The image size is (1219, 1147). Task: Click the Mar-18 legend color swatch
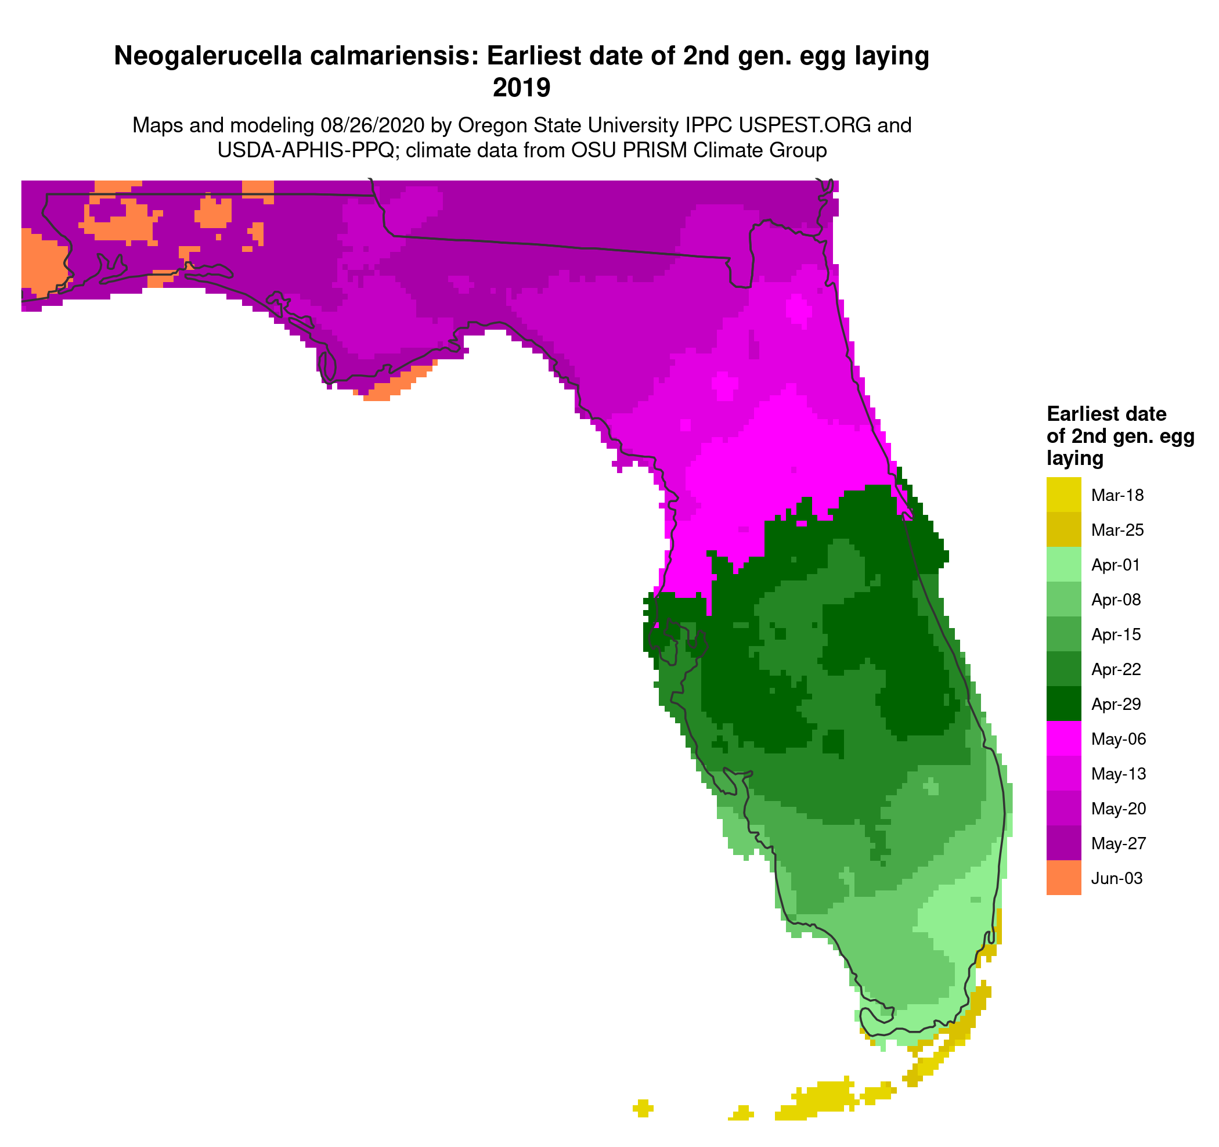(1063, 494)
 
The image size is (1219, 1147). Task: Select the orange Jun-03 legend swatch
(1063, 878)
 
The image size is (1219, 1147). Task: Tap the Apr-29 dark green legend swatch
(1063, 704)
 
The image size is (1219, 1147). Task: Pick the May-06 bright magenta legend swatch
(1063, 739)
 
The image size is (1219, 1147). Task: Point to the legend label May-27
(1118, 843)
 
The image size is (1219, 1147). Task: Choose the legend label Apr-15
(1116, 634)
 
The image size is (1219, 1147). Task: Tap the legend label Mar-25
(1117, 529)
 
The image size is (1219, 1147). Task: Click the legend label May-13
(1119, 774)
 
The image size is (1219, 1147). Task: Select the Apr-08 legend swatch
(1063, 599)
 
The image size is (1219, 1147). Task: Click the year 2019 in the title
(521, 88)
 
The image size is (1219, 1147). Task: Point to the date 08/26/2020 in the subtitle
(372, 125)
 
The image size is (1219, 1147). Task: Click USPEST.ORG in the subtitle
(805, 125)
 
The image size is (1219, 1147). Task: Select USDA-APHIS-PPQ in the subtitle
(305, 150)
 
